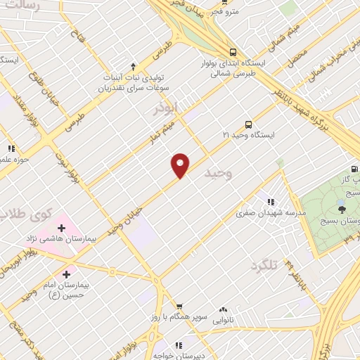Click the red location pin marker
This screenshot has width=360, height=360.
click(x=181, y=165)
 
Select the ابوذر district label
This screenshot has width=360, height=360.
click(x=168, y=109)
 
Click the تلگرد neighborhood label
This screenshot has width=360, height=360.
click(x=264, y=266)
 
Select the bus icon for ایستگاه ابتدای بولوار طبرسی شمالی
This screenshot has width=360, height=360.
click(x=232, y=51)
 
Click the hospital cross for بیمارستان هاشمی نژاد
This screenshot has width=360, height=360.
click(x=61, y=229)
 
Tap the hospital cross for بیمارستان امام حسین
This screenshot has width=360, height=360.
click(x=67, y=274)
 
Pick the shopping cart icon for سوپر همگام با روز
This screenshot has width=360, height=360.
click(x=180, y=307)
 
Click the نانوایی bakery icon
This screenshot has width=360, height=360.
click(x=224, y=309)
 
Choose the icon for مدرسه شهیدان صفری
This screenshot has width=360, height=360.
click(x=271, y=202)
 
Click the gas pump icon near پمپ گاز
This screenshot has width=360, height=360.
click(x=354, y=168)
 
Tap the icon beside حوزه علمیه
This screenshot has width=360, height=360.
click(x=11, y=148)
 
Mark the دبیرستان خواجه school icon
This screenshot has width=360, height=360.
click(x=178, y=345)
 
